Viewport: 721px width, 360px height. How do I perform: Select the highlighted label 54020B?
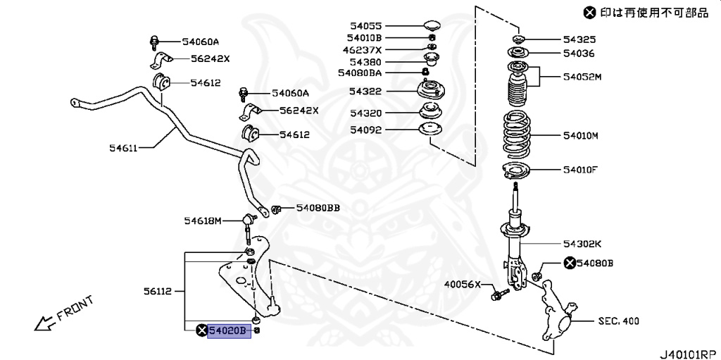click(x=229, y=330)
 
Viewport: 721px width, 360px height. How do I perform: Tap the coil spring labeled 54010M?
click(x=517, y=135)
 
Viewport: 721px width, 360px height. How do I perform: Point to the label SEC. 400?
click(x=619, y=321)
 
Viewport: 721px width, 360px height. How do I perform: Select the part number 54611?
click(x=124, y=147)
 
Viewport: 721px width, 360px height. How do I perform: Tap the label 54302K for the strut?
click(x=582, y=244)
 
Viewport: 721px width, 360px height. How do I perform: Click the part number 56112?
click(x=158, y=290)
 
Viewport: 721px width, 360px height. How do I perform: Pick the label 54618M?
click(x=203, y=221)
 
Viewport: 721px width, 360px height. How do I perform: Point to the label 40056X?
click(x=462, y=285)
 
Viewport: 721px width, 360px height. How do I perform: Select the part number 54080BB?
click(x=318, y=208)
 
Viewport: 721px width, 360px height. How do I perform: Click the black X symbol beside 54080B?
click(x=569, y=263)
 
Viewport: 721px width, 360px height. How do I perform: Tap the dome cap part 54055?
click(x=432, y=26)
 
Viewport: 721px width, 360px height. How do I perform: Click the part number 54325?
click(x=579, y=39)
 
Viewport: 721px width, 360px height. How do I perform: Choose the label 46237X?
click(x=362, y=50)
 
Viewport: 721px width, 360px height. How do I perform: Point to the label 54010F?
click(x=580, y=169)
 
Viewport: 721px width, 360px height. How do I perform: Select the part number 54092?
click(x=365, y=130)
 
